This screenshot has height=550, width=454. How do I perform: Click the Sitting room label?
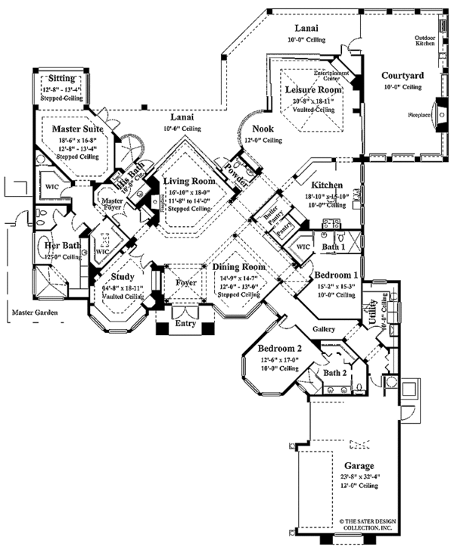(61, 78)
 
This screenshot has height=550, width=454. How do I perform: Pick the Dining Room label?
(238, 268)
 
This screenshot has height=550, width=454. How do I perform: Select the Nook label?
(262, 129)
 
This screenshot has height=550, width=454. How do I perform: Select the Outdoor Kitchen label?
(424, 40)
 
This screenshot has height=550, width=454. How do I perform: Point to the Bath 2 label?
(335, 373)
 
